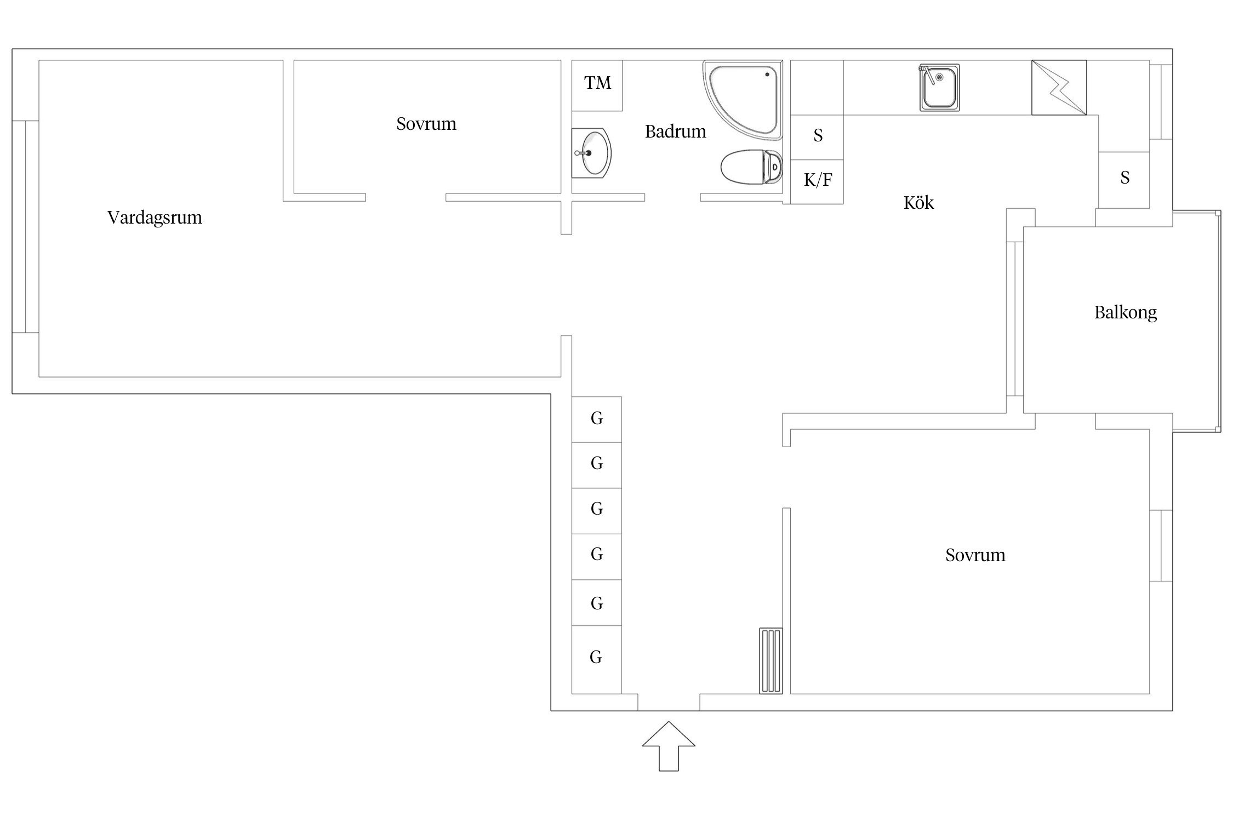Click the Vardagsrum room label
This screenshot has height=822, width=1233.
point(155,218)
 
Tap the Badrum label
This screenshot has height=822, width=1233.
point(675,132)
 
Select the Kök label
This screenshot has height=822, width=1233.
point(918,202)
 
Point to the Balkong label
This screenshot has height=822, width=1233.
point(1126,312)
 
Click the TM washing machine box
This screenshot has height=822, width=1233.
point(597,85)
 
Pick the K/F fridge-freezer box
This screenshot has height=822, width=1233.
point(817,182)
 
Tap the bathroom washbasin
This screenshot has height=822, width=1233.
point(591,153)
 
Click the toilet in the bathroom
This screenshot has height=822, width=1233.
point(751,167)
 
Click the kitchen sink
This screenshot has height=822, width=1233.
point(940,88)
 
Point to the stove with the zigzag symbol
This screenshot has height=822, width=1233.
point(1059,88)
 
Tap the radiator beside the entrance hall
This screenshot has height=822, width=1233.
point(771,661)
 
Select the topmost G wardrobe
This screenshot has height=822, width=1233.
point(597,419)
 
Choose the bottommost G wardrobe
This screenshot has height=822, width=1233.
point(597,660)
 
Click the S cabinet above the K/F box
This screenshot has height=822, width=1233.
point(817,138)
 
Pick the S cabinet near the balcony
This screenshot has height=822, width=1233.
point(1124,180)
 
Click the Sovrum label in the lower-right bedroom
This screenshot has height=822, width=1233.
point(975,555)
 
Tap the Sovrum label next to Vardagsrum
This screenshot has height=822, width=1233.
point(426,124)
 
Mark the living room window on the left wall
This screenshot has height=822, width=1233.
point(26,227)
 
